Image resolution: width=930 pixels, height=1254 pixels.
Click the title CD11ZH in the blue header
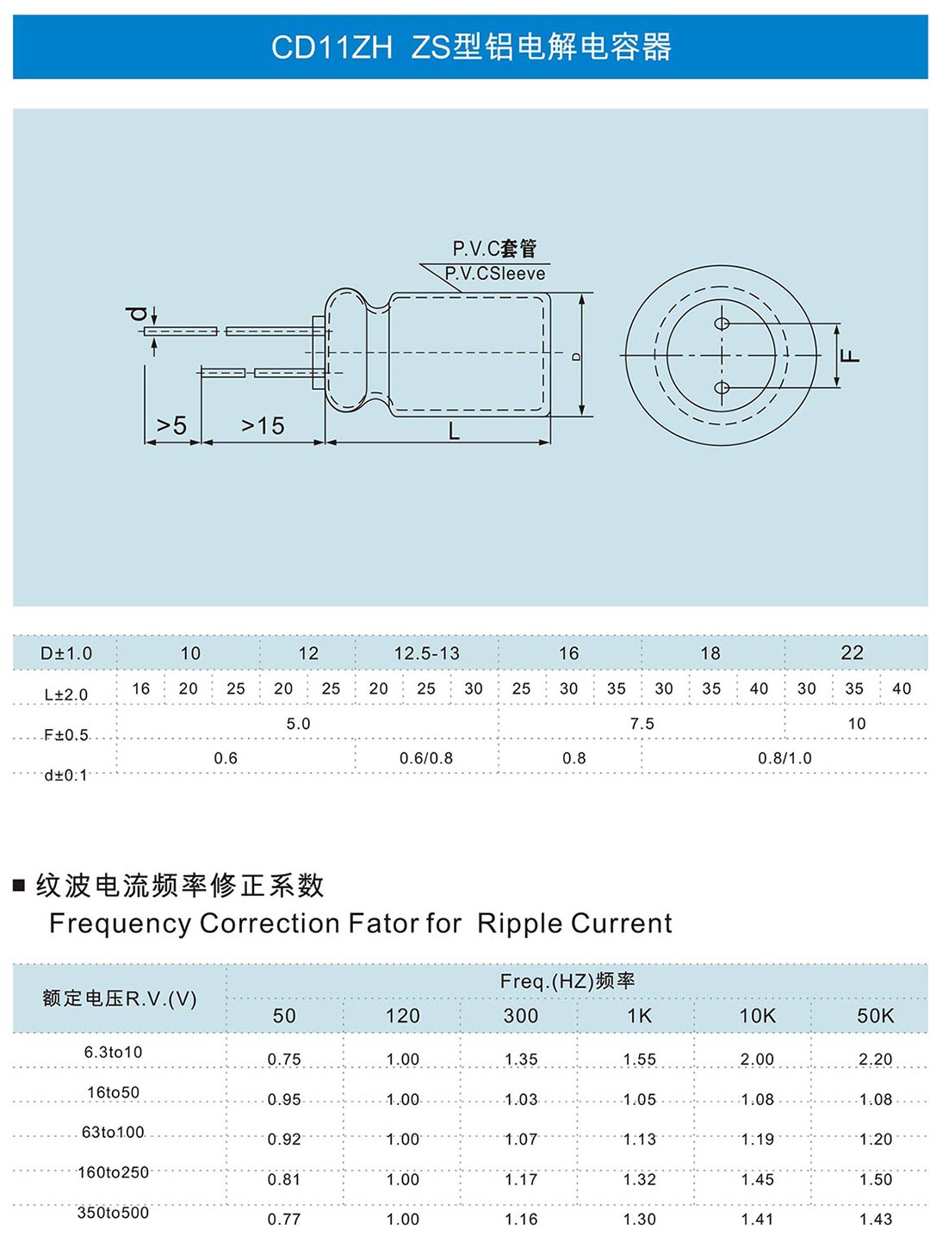(332, 47)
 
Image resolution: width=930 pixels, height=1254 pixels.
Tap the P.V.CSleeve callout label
(495, 274)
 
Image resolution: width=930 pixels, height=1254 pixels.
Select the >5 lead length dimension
(171, 425)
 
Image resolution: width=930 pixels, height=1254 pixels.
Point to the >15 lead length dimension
(263, 425)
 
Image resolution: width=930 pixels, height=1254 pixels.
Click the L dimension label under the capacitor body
(454, 432)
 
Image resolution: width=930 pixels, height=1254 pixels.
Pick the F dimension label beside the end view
(850, 355)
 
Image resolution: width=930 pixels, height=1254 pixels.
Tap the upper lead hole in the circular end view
(722, 324)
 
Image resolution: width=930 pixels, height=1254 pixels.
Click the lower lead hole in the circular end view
(722, 387)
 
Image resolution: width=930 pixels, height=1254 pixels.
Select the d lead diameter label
(136, 313)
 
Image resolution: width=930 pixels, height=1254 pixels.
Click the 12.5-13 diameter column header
(426, 653)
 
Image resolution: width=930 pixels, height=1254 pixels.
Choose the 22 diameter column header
(852, 653)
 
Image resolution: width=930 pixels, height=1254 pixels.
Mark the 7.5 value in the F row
(642, 724)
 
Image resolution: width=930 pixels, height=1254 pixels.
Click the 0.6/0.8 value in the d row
(426, 758)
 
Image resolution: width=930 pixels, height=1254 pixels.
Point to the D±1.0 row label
(66, 653)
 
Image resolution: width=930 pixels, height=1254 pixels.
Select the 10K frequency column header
(757, 1016)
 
